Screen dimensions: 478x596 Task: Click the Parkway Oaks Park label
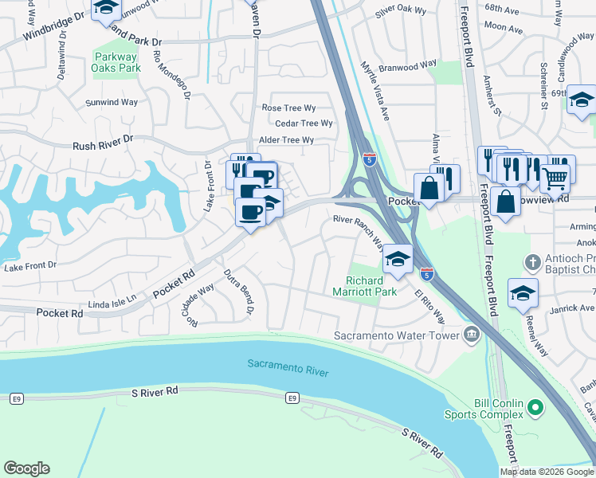point(117,62)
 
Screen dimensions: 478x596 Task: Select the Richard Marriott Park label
point(371,286)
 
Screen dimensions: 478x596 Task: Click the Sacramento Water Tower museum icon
point(472,335)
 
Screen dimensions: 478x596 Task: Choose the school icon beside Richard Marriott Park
point(398,257)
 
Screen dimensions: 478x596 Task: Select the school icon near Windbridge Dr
point(104,7)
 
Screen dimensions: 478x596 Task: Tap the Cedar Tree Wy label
point(304,123)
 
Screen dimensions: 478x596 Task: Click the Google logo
point(26,468)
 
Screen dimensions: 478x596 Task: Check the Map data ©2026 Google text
point(547,472)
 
